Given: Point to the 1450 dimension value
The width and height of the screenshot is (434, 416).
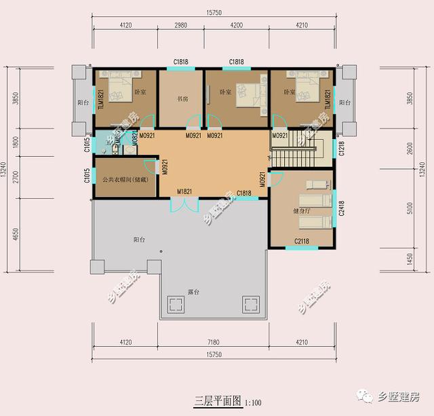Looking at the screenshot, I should tap(409, 261).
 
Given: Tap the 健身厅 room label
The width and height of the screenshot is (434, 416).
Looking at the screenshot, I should tap(301, 211).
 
